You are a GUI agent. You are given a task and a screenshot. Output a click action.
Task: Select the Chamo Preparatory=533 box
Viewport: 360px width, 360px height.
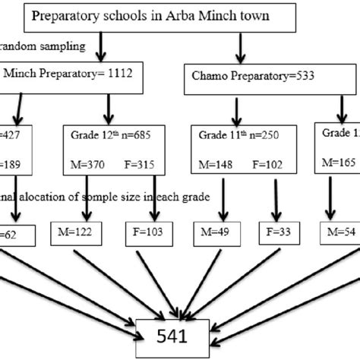click(x=242, y=74)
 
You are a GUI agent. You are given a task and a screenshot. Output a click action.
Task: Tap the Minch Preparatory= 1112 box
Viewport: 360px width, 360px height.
click(x=46, y=74)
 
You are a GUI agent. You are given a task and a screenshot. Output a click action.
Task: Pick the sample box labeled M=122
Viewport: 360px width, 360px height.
click(x=73, y=229)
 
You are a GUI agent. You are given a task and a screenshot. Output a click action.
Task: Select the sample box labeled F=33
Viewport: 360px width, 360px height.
click(x=276, y=229)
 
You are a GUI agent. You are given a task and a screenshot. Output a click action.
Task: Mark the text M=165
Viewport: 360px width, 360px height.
click(x=337, y=161)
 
